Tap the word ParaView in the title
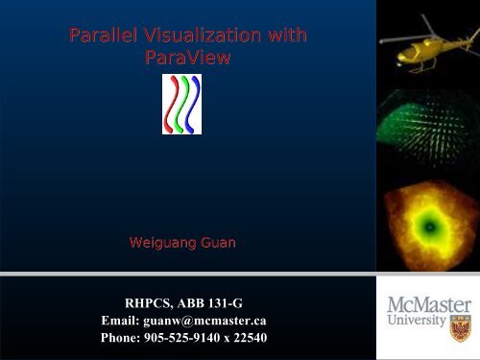[x=187, y=59]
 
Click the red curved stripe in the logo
[x=173, y=105]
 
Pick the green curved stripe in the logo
[x=185, y=105]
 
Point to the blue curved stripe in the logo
[x=198, y=105]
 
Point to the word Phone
[x=123, y=337]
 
